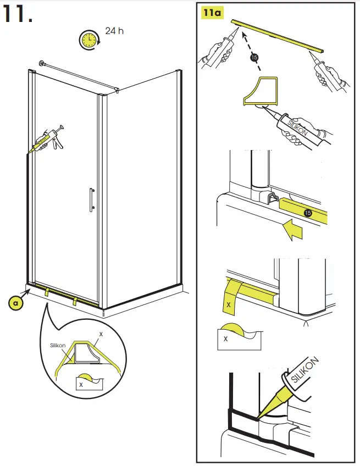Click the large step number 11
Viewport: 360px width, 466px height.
tap(17, 14)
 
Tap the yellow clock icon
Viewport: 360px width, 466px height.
tap(89, 40)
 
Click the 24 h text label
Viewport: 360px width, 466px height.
tap(114, 31)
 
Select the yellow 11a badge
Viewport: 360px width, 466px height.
tap(212, 13)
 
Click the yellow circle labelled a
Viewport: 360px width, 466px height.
tap(16, 303)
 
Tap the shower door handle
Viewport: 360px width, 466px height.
tap(92, 200)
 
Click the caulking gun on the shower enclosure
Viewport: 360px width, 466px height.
tap(48, 140)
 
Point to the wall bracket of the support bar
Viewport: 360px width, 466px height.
tap(42, 63)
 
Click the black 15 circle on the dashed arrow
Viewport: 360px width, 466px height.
tap(254, 57)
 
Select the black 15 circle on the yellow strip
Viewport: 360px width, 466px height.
tap(308, 213)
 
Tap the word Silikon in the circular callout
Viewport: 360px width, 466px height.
tap(58, 345)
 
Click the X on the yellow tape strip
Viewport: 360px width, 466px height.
tap(228, 304)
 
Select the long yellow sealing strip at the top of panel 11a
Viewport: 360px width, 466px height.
tap(278, 36)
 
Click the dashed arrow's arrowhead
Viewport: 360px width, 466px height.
tap(245, 36)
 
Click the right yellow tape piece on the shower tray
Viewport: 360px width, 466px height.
tap(75, 301)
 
